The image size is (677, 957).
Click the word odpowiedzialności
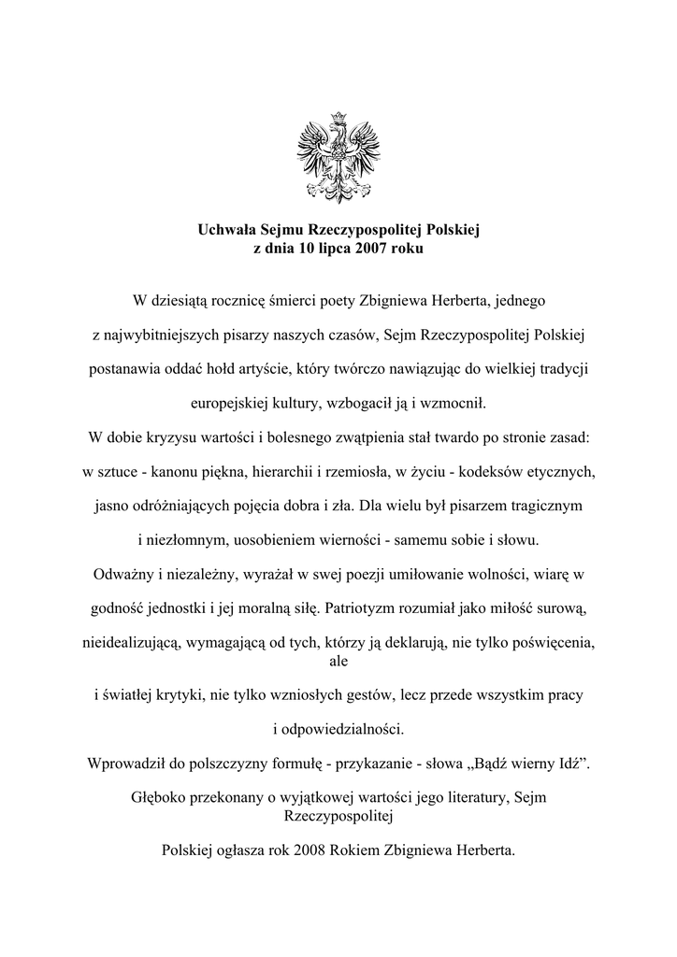(338, 728)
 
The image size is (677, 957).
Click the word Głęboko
(161, 797)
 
